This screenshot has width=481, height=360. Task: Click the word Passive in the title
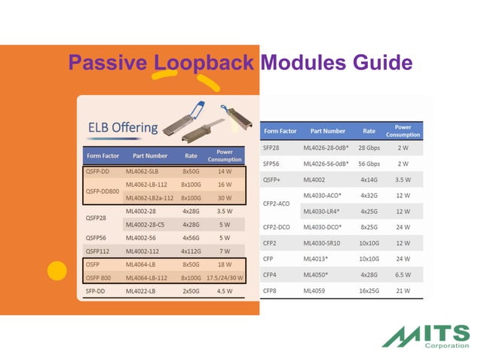[x=106, y=63]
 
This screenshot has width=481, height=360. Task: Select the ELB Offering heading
[x=124, y=127]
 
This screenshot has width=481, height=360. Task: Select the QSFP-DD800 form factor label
[x=102, y=191]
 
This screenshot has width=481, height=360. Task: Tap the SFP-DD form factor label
[x=100, y=291]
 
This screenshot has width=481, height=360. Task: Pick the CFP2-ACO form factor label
[x=277, y=203]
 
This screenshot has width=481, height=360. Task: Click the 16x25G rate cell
[x=368, y=291]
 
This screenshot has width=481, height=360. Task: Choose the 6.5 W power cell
[x=403, y=275]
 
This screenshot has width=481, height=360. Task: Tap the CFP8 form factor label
[x=271, y=291]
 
